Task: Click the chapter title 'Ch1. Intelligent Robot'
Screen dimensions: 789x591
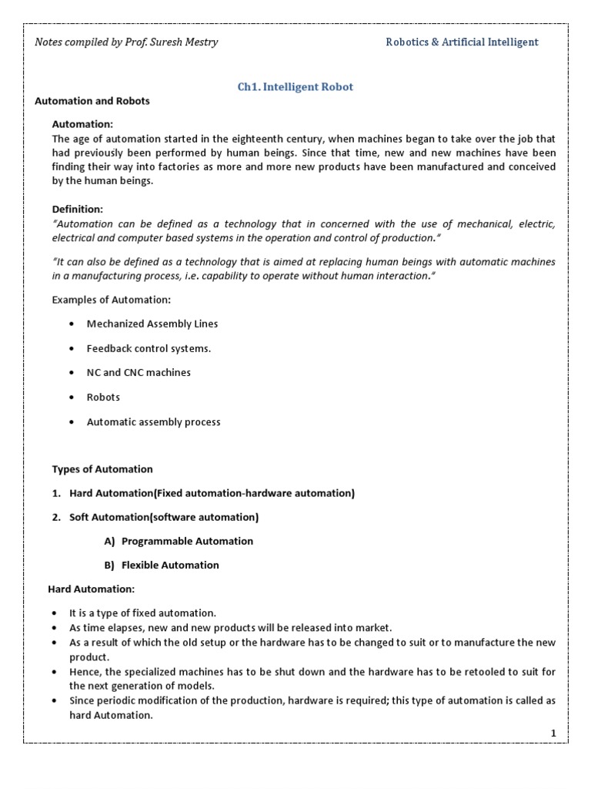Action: coord(295,87)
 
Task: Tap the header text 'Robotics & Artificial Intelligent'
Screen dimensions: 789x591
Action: coord(462,42)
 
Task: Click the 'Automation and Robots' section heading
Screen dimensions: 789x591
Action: coord(92,101)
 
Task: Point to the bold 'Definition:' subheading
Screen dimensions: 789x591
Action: coord(77,210)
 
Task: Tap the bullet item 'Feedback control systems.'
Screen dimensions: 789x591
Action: coord(149,348)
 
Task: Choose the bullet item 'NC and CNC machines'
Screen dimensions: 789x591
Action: coord(139,373)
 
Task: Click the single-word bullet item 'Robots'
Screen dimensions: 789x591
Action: coord(103,398)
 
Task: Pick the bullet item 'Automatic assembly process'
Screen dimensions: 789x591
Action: coord(153,422)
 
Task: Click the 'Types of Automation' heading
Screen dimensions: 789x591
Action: coord(102,469)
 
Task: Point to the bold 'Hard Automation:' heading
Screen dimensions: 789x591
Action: coord(92,589)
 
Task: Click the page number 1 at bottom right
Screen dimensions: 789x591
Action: coord(553,733)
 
